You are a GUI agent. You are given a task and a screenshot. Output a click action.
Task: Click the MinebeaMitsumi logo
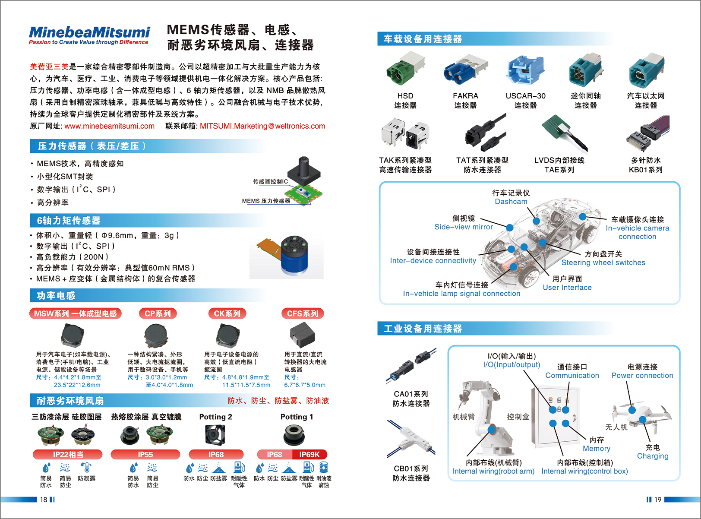pyautogui.click(x=89, y=35)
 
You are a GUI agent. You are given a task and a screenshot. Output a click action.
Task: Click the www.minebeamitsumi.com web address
pyautogui.click(x=109, y=126)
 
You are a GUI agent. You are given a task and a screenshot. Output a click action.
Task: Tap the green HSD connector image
pyautogui.click(x=405, y=69)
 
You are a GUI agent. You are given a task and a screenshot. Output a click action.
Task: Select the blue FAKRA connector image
pyautogui.click(x=466, y=70)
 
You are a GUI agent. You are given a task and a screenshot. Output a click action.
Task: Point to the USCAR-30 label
pyautogui.click(x=525, y=96)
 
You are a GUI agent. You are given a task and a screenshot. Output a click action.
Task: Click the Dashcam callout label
pyautogui.click(x=511, y=202)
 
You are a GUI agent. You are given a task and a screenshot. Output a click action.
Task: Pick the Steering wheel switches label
pyautogui.click(x=603, y=263)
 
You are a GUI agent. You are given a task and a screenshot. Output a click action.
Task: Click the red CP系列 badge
pyautogui.click(x=158, y=313)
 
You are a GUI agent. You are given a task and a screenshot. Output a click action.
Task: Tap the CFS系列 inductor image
pyautogui.click(x=302, y=335)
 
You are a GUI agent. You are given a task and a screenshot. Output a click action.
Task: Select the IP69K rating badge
pyautogui.click(x=309, y=455)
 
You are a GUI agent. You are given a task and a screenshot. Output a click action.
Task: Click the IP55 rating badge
pyautogui.click(x=145, y=455)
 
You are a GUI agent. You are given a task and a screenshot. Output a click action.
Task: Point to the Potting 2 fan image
pyautogui.click(x=215, y=435)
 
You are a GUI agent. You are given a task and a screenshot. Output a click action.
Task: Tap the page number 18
pyautogui.click(x=44, y=500)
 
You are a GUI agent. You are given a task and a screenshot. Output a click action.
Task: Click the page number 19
pyautogui.click(x=658, y=500)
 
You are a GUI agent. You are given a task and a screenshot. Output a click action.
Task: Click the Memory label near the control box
pyautogui.click(x=597, y=449)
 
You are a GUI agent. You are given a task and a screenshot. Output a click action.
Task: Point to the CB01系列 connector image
pyautogui.click(x=411, y=440)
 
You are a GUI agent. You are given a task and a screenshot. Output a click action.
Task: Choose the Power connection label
pyautogui.click(x=642, y=375)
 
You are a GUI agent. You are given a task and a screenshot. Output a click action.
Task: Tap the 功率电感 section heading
pyautogui.click(x=56, y=296)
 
